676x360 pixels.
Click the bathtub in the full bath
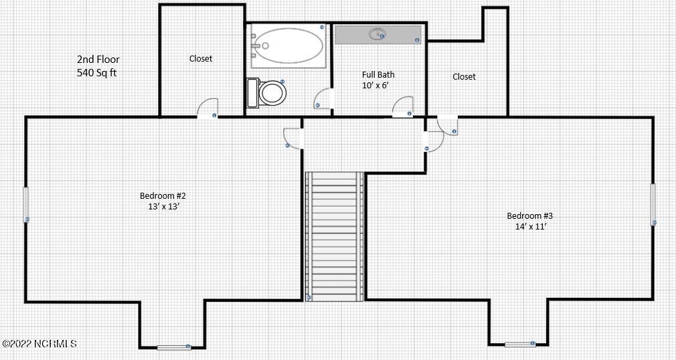[x=287, y=46]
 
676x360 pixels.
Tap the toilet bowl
[x=272, y=92]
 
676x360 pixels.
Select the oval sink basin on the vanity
[x=377, y=33]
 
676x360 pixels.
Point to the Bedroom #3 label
[x=529, y=215]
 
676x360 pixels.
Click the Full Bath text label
[x=378, y=74]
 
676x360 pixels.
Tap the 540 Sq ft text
[x=96, y=72]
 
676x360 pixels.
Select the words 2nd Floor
[x=98, y=59]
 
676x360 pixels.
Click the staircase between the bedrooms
[x=335, y=236]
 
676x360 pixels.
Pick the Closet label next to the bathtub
[x=201, y=59]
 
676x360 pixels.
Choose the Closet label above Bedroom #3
[x=464, y=77]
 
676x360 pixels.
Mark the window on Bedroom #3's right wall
[x=653, y=205]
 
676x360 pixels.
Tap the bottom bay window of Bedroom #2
[x=174, y=347]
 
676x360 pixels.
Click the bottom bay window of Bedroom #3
[x=520, y=344]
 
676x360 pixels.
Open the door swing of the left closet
[x=207, y=108]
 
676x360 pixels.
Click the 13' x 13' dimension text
[x=163, y=206]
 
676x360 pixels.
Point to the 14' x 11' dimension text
[x=531, y=226]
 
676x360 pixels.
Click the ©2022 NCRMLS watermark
[x=39, y=344]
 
